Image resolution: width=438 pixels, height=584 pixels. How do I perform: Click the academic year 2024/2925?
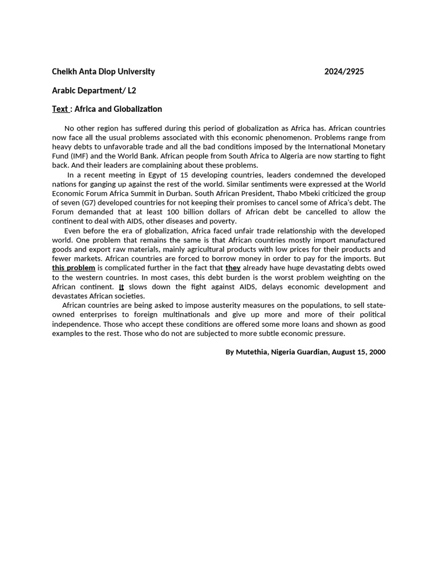(344, 72)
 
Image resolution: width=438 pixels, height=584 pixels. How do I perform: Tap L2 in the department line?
(131, 91)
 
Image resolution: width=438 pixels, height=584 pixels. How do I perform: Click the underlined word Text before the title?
(60, 109)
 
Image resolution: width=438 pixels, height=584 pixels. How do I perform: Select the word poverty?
(222, 221)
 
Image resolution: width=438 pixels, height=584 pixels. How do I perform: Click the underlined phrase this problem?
(74, 268)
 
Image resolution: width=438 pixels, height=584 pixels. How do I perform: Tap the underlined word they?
(233, 268)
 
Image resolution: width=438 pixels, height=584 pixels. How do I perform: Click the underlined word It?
(121, 287)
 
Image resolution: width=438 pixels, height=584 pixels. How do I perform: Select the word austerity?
(221, 305)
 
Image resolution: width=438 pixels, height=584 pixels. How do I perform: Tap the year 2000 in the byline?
(377, 352)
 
